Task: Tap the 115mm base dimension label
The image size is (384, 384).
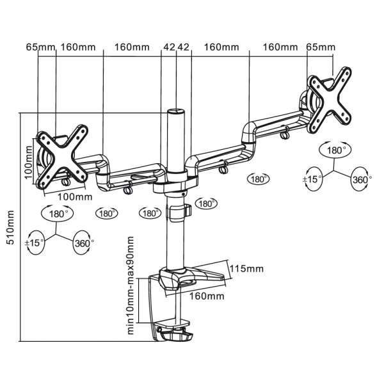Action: point(246,269)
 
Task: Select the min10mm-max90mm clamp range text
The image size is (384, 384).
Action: point(131,285)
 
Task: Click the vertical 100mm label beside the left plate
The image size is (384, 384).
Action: point(29,162)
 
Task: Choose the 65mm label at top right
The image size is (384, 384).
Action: point(320,47)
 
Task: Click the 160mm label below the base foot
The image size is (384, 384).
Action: point(206,296)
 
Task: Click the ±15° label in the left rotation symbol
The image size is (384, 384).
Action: point(36,243)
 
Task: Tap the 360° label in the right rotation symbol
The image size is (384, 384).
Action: point(360,180)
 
